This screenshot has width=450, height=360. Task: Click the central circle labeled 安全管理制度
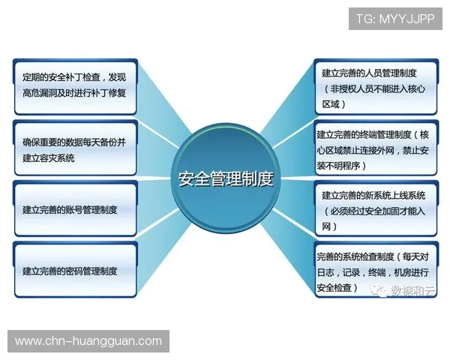tap(225, 179)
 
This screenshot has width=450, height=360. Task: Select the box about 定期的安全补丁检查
tap(75, 85)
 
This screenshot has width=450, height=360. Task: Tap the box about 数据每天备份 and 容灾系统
tap(75, 148)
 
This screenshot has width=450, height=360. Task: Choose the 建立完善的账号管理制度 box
tap(75, 209)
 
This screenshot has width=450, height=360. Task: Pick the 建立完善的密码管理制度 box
tap(75, 271)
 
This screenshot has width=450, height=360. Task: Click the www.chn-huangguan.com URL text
tap(88, 341)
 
